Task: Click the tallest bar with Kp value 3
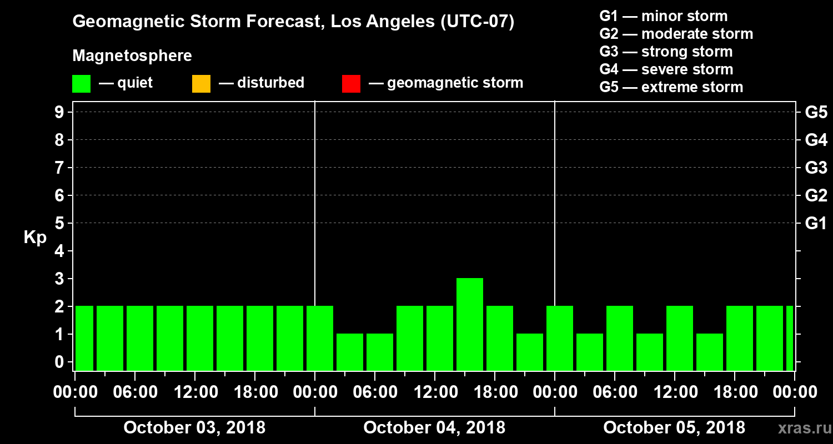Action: pos(470,324)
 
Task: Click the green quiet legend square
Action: pos(81,84)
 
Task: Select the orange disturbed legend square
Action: pos(201,84)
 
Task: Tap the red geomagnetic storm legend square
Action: pos(351,84)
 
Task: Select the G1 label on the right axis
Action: pos(816,224)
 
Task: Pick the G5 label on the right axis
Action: pos(816,113)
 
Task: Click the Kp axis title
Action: pos(35,238)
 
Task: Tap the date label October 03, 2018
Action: pos(194,428)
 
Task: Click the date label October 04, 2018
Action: pos(434,428)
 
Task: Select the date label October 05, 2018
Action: pos(674,428)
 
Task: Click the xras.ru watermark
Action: pos(800,428)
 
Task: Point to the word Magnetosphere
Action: pos(132,56)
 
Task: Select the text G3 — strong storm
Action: pos(666,52)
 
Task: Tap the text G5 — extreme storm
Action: pos(671,87)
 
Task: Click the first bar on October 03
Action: pos(84,338)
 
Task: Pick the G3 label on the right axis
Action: pos(816,168)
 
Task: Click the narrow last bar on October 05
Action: pos(790,338)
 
